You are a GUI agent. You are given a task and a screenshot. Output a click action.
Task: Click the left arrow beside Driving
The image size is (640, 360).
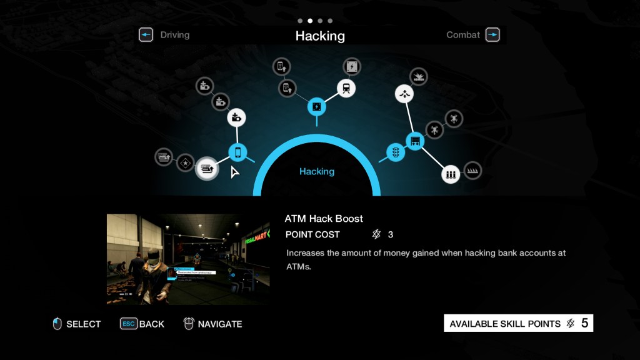point(146,35)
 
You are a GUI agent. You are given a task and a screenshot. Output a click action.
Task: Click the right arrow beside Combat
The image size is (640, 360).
point(492,35)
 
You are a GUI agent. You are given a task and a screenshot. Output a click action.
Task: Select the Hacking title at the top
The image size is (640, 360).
point(320,36)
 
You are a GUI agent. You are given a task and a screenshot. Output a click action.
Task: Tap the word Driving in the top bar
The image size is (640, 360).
point(174,35)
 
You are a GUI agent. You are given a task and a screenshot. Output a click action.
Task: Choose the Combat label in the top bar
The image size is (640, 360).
point(462,35)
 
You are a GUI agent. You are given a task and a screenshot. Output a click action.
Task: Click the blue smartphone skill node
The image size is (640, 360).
point(237,152)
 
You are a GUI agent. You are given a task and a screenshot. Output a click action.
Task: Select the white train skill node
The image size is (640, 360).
point(347,89)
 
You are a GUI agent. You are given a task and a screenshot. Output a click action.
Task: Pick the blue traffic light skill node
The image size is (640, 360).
point(395,152)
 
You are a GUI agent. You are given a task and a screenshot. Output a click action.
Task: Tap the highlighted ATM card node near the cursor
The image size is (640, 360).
point(207,167)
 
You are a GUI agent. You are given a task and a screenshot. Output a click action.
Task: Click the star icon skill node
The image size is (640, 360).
point(185,162)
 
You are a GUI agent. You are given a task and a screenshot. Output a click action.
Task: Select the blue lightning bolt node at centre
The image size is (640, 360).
point(317,107)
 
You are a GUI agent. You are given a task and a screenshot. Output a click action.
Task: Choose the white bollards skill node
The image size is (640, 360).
point(451,174)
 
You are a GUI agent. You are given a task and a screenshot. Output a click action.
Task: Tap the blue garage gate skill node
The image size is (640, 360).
point(415,141)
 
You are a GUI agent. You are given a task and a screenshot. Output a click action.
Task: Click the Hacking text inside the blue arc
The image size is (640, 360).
point(317,171)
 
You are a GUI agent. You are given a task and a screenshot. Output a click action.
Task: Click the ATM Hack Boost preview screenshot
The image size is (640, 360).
point(188,259)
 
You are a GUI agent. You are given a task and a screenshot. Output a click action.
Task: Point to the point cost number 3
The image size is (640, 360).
point(391,234)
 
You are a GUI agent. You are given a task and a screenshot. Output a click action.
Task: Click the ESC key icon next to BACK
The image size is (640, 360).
point(128,324)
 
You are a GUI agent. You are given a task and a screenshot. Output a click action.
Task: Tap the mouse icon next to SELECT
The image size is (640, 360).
point(57,324)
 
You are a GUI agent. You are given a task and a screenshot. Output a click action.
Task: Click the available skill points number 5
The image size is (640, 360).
point(585,323)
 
